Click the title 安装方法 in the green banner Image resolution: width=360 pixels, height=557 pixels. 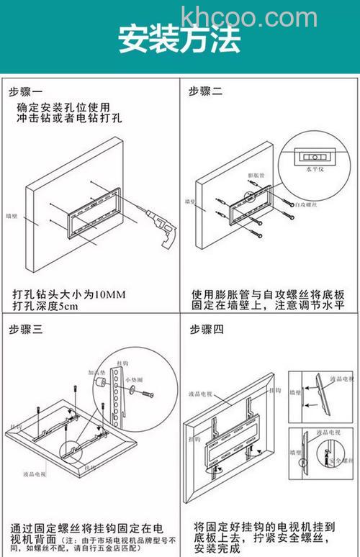(x=179, y=41)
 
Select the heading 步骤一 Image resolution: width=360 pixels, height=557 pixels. (x=26, y=91)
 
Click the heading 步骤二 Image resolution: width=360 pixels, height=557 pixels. (x=206, y=91)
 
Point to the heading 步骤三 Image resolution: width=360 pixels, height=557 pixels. (x=26, y=329)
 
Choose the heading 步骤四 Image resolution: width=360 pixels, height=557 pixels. (x=207, y=329)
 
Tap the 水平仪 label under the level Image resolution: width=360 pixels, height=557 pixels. (x=315, y=170)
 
